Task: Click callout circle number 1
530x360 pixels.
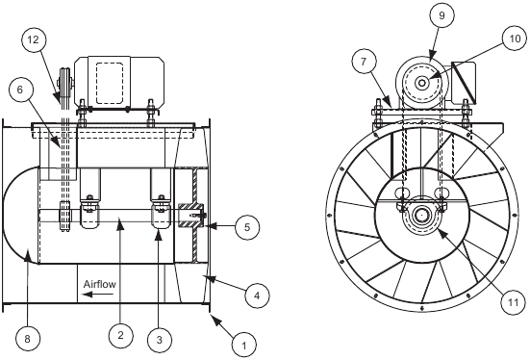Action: (x=244, y=341)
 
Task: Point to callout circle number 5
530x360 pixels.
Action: (x=246, y=228)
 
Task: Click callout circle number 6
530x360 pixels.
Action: (x=22, y=88)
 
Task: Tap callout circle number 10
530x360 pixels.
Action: (x=512, y=40)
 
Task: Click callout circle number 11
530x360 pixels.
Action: (x=513, y=301)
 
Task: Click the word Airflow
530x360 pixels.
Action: (x=100, y=286)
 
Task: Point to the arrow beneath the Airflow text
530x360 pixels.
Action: (x=93, y=297)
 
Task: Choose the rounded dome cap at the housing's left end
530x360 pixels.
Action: (x=19, y=215)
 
